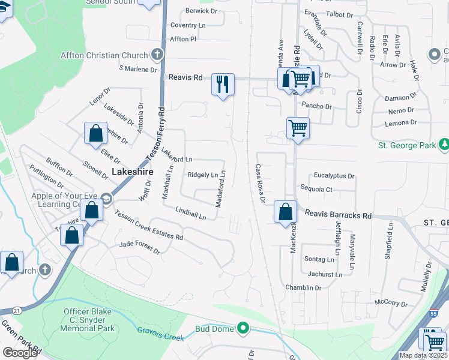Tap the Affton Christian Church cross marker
[157, 55]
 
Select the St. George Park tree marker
[444, 145]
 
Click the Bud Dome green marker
[243, 328]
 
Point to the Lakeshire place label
[133, 172]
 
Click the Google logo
[20, 352]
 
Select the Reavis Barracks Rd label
[338, 214]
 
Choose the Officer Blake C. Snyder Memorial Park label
[89, 320]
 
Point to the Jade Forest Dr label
[140, 247]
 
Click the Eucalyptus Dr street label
[334, 176]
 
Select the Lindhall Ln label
[191, 212]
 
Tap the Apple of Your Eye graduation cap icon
[106, 199]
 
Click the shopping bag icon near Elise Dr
[95, 134]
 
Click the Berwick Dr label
[201, 11]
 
